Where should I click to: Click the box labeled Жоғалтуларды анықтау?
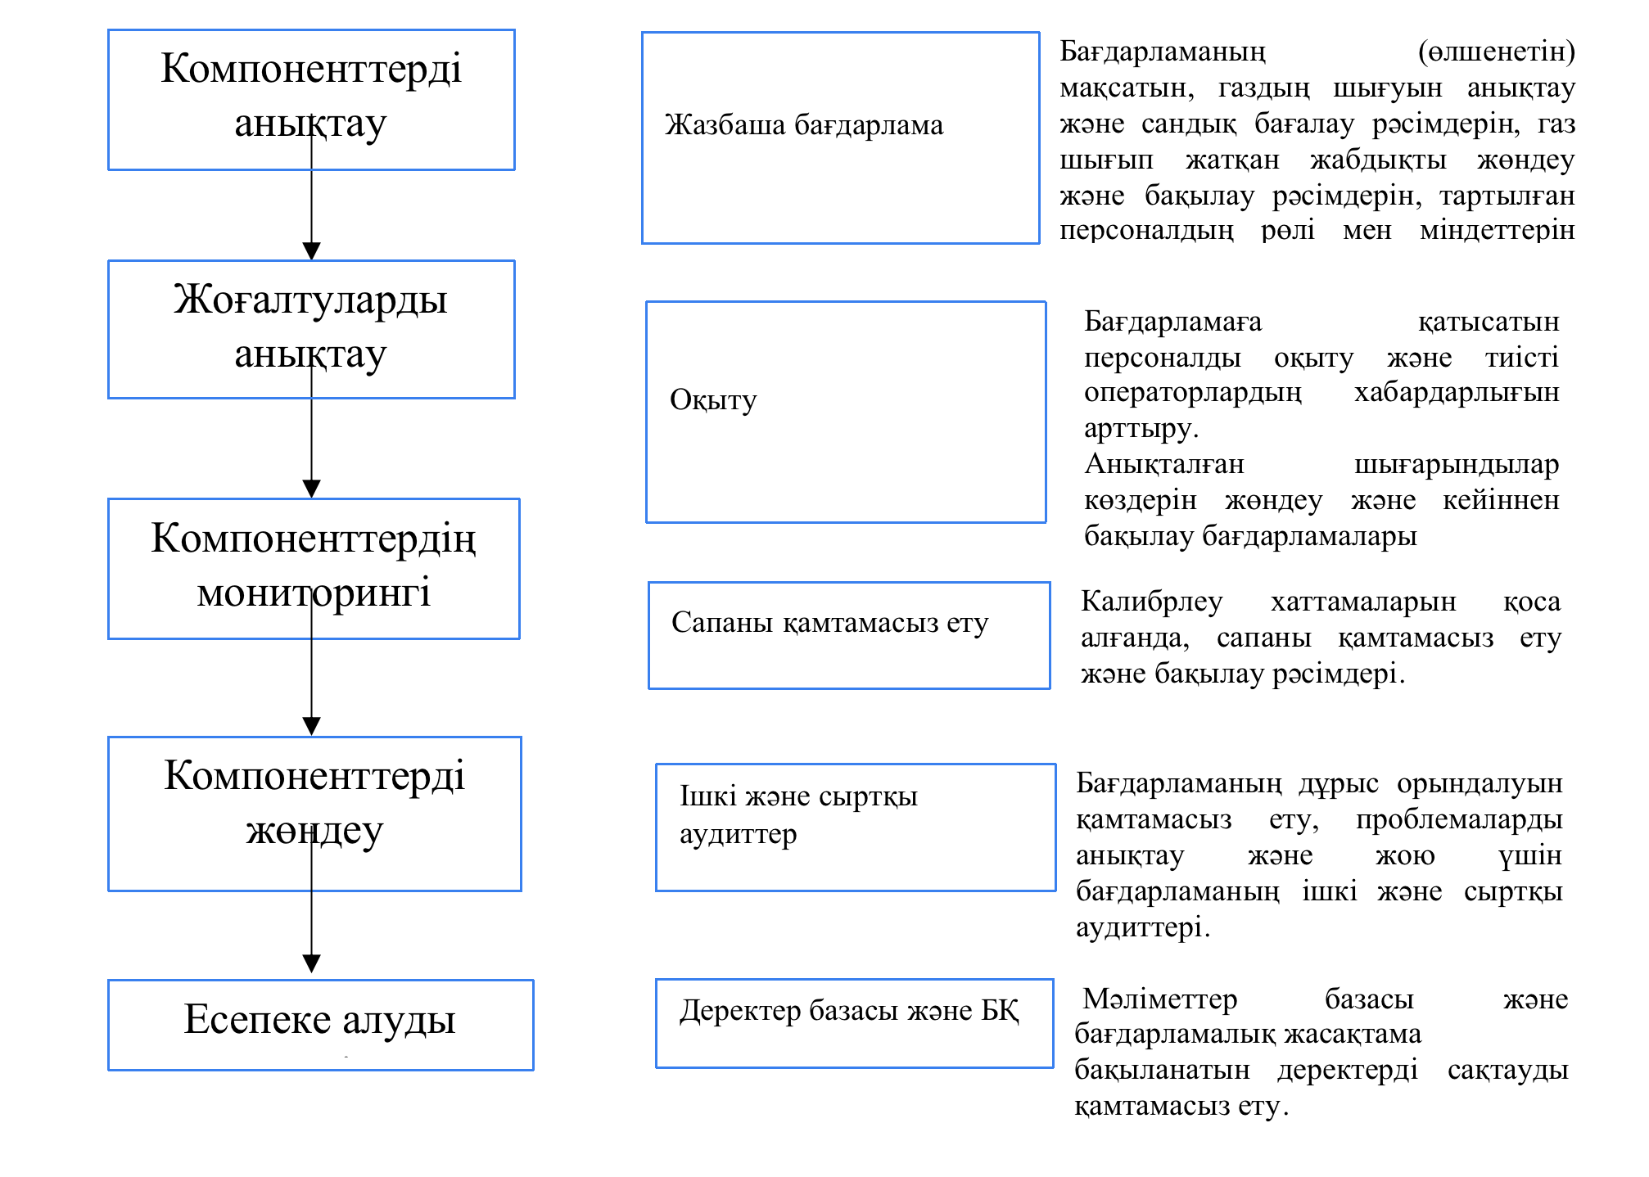(311, 329)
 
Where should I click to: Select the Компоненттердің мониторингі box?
(314, 568)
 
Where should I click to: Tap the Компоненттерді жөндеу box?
(314, 813)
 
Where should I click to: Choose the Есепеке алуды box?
(320, 1024)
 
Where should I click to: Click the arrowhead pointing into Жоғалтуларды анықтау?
(311, 250)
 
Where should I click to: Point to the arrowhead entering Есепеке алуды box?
(311, 963)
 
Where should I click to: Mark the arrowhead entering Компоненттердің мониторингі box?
(311, 489)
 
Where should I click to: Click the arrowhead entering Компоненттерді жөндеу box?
(311, 726)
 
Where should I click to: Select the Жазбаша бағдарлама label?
(804, 125)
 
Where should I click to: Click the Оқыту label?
(713, 400)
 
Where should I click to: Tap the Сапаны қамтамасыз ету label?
(829, 623)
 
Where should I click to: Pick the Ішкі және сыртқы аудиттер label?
(798, 814)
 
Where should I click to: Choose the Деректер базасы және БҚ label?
(849, 1011)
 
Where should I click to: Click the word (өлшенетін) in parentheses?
(1496, 52)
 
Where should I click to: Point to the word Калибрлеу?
(1151, 602)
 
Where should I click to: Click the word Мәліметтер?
(1159, 999)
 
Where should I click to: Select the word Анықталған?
(1164, 465)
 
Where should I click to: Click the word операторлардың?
(1192, 393)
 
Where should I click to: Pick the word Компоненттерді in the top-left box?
(311, 68)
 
